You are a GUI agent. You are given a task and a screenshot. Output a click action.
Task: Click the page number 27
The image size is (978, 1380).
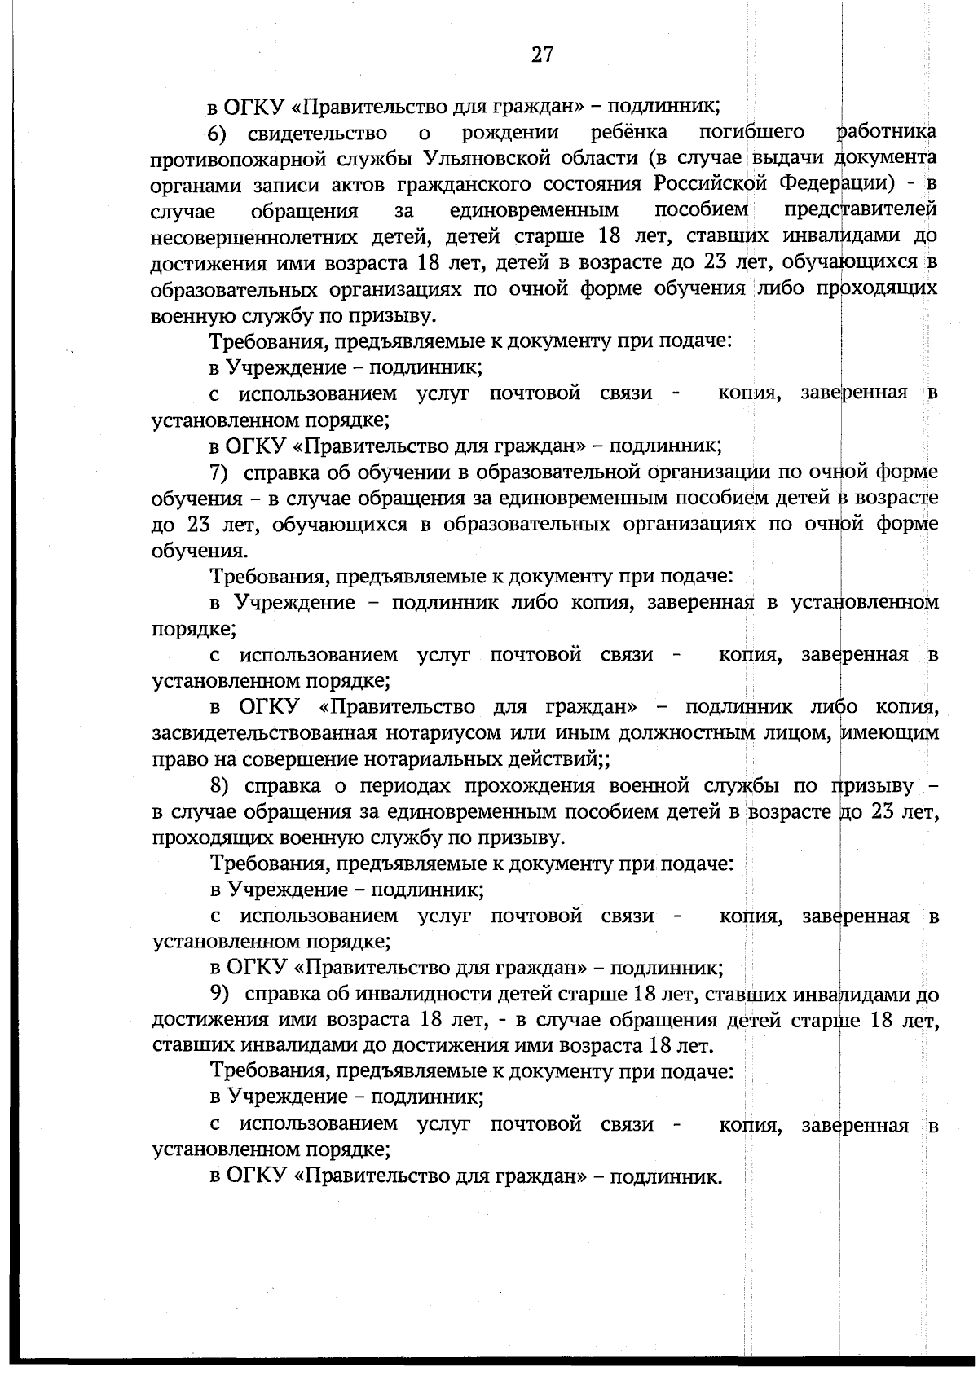pos(543,55)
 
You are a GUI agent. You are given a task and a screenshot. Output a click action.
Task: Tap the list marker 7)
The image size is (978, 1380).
pos(221,472)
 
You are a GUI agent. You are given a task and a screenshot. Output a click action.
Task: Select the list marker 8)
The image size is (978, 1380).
pos(221,786)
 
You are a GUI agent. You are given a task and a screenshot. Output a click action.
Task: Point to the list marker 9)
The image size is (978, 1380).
pos(221,995)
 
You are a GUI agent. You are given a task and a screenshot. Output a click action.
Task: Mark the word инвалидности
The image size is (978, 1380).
pos(433,995)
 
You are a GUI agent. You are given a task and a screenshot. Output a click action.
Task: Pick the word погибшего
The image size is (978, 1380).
pos(752,133)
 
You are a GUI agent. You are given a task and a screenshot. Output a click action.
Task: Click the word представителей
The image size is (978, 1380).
pos(860,211)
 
